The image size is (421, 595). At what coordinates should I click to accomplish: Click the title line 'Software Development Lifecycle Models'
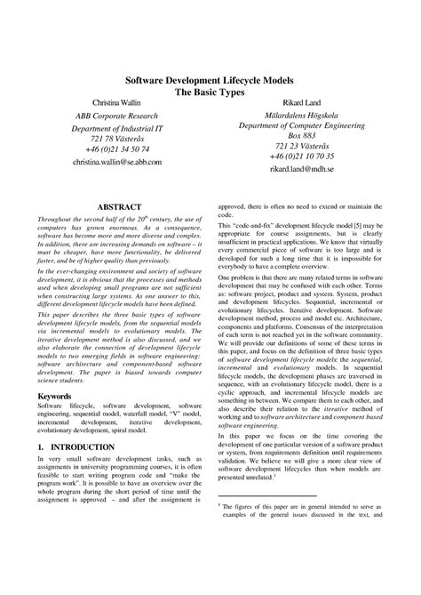210,78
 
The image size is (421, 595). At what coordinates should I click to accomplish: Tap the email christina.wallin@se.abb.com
118,163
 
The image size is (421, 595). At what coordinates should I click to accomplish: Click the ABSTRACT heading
118,207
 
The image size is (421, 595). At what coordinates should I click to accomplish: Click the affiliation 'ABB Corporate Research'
118,117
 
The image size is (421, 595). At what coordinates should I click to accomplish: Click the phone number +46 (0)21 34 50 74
118,149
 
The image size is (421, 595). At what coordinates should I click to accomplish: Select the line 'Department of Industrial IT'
118,129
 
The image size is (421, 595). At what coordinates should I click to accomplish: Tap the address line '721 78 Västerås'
118,139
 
